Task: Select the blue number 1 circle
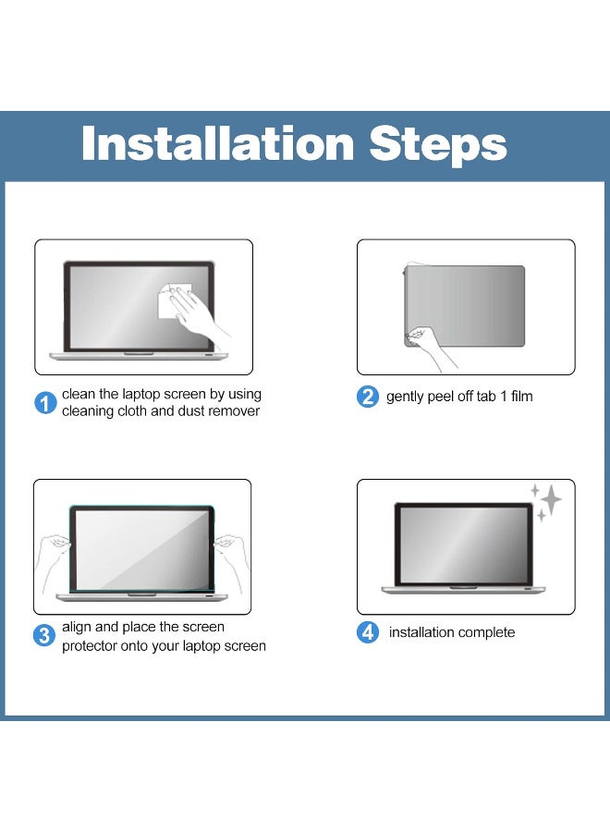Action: [45, 403]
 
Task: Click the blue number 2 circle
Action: [368, 397]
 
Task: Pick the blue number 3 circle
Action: [44, 635]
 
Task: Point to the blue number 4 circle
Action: [368, 632]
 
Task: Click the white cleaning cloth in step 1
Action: [174, 301]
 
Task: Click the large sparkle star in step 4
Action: [551, 499]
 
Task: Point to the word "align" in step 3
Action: [77, 627]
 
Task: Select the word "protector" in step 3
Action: [89, 646]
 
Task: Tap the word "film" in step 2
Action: [522, 397]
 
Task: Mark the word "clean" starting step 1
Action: [79, 394]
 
